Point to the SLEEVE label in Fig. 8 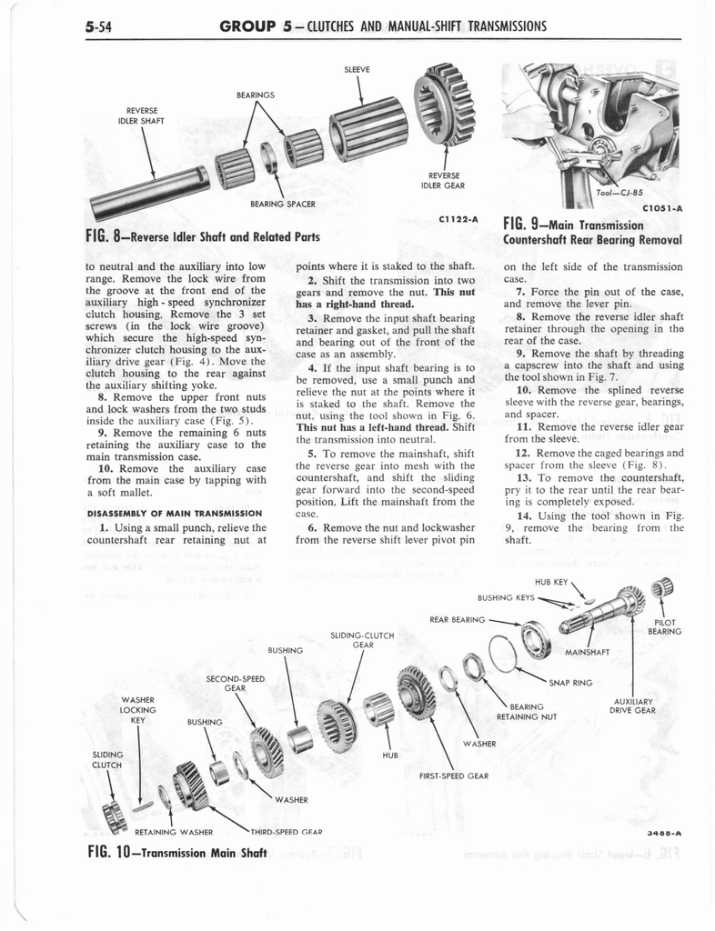(357, 70)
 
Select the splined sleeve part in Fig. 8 (368, 124)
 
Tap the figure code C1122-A (458, 219)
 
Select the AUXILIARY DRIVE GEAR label (635, 706)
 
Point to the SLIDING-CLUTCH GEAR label (363, 639)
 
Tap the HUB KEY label (548, 581)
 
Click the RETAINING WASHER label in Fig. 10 (174, 831)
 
